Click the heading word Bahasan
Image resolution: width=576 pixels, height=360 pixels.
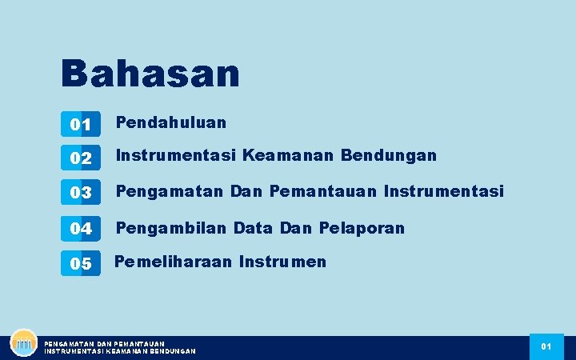[x=150, y=73]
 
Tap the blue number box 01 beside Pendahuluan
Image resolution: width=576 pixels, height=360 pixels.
[x=80, y=124]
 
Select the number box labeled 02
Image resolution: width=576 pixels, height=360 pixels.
[x=80, y=158]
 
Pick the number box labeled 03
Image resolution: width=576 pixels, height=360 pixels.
[x=80, y=193]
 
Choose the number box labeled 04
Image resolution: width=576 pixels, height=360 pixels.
[x=80, y=228]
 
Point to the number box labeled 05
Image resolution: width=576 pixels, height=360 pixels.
[x=80, y=263]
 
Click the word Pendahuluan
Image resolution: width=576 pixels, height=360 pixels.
[x=171, y=122]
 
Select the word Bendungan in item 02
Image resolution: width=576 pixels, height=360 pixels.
[x=389, y=155]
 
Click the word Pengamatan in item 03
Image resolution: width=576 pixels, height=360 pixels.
[x=170, y=192]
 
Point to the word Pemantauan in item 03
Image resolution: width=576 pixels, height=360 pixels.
[x=324, y=192]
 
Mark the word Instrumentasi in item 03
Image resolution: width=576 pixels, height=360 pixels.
[x=444, y=192]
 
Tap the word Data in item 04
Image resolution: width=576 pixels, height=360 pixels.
[x=254, y=228]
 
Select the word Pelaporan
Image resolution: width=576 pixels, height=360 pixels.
[x=362, y=228]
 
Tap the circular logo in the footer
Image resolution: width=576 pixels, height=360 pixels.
[x=24, y=343]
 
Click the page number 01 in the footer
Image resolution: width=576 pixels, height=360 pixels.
[x=546, y=346]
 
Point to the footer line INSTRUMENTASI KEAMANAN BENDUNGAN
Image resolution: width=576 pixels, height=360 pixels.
[x=120, y=351]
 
